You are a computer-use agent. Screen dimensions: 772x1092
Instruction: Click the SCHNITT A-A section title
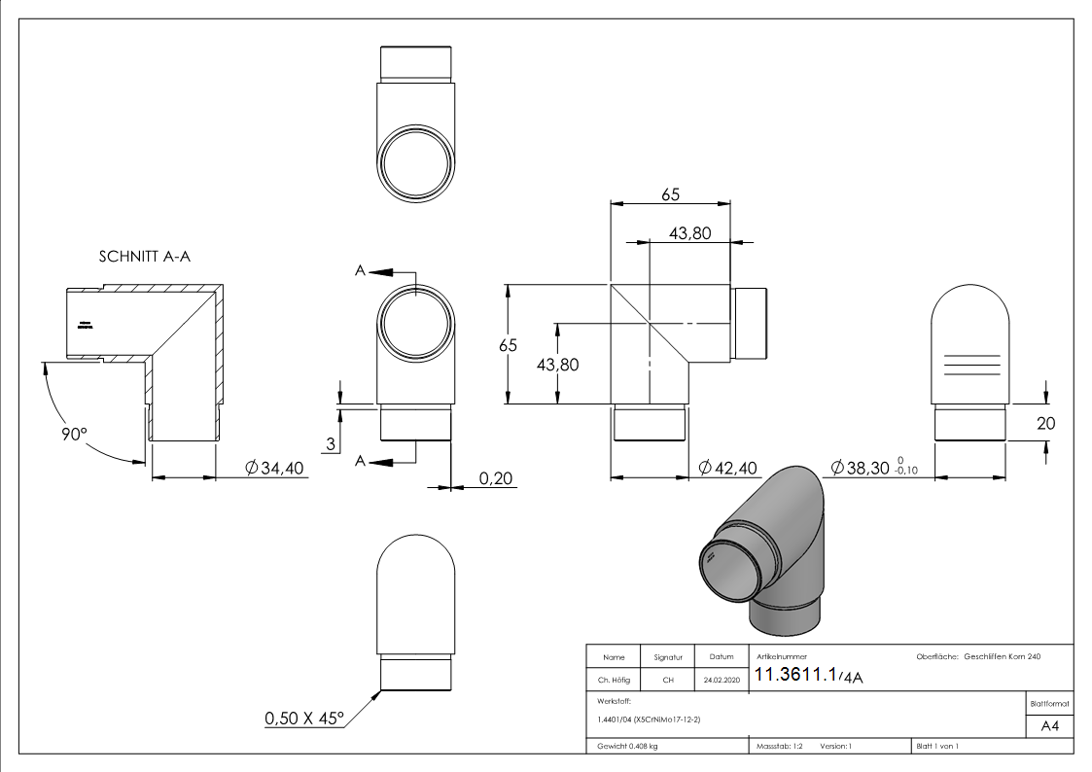(145, 258)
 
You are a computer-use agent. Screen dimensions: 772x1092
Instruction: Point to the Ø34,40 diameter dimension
(275, 469)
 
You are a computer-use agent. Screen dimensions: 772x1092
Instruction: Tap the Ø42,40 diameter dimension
(728, 469)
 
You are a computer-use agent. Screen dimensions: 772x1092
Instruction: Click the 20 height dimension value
(1046, 424)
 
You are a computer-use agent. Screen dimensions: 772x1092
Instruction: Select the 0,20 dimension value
(496, 477)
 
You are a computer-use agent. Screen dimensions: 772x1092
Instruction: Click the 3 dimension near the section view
(332, 443)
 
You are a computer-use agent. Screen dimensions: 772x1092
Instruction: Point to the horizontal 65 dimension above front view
(670, 194)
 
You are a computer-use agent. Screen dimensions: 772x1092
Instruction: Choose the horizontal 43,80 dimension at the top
(691, 232)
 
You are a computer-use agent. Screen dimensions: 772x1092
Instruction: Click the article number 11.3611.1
(796, 676)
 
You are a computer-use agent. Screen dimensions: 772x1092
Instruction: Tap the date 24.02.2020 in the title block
(721, 681)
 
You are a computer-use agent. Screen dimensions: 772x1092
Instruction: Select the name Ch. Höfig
(613, 681)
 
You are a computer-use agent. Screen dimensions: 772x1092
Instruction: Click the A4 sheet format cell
(1049, 726)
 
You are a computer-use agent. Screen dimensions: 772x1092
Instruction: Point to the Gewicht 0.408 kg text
(627, 746)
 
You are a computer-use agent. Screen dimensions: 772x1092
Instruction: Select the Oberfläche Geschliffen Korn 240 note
(978, 658)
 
